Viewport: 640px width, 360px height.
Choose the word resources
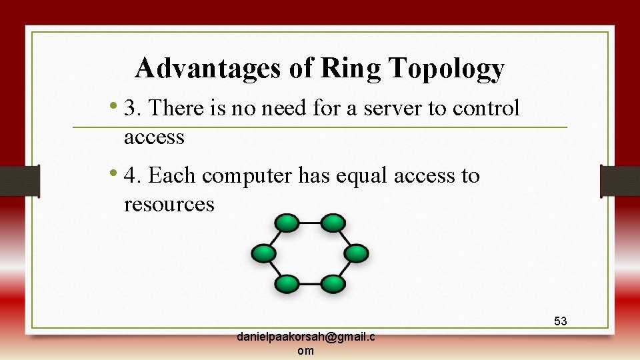[x=169, y=204]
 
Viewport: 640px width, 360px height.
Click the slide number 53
[x=560, y=321]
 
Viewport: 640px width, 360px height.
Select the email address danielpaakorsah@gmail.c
[x=305, y=337]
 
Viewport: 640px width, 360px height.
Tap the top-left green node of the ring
[x=287, y=223]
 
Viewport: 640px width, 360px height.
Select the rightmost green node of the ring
[x=356, y=253]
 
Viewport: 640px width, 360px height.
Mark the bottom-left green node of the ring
[x=287, y=283]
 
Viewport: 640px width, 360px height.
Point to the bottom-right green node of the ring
[x=333, y=283]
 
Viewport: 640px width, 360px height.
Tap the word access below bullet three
[x=154, y=137]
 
